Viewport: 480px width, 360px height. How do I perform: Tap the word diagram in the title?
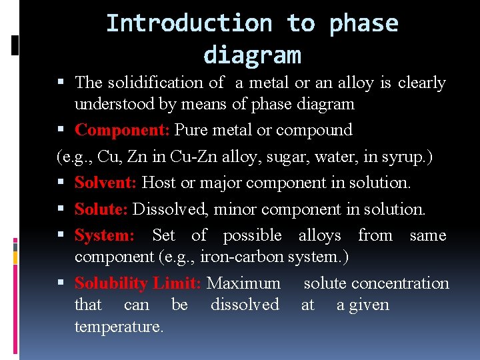(x=252, y=55)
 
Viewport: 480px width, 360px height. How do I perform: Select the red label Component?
(x=123, y=129)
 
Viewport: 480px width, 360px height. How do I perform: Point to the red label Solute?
(x=101, y=209)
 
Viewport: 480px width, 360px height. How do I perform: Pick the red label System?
(x=104, y=235)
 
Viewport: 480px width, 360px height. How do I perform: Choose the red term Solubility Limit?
(x=137, y=283)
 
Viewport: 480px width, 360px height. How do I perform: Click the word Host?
(x=159, y=182)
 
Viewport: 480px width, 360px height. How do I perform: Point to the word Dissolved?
(x=170, y=209)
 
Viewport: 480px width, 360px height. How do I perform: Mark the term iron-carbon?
(x=247, y=257)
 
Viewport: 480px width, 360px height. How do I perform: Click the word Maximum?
(x=243, y=283)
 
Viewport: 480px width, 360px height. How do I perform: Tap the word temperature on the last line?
(x=119, y=327)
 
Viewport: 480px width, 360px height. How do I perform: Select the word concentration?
(x=400, y=283)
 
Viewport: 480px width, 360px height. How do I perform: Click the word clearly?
(x=421, y=83)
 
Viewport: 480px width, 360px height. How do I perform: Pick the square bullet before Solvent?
(x=64, y=183)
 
